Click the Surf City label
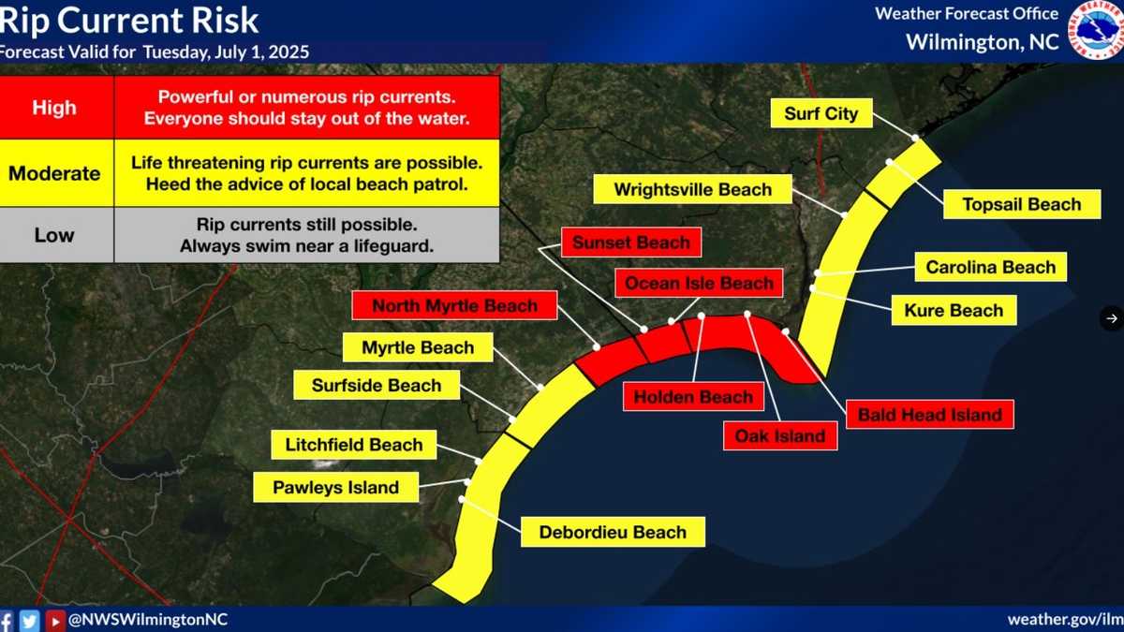point(821,113)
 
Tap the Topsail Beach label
point(1022,204)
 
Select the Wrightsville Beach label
point(692,189)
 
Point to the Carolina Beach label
point(991,267)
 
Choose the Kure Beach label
point(954,311)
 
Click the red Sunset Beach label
point(631,243)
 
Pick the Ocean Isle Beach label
point(699,283)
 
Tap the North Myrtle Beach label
point(454,305)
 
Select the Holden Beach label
point(693,397)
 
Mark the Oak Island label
point(780,436)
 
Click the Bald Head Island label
point(930,414)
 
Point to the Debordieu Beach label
point(613,532)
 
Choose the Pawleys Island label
point(335,487)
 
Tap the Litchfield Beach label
point(354,445)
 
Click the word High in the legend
point(54,108)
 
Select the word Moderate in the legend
point(54,173)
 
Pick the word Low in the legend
point(54,235)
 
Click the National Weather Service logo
point(1094,30)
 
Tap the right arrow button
point(1112,318)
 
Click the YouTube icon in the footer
point(54,621)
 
